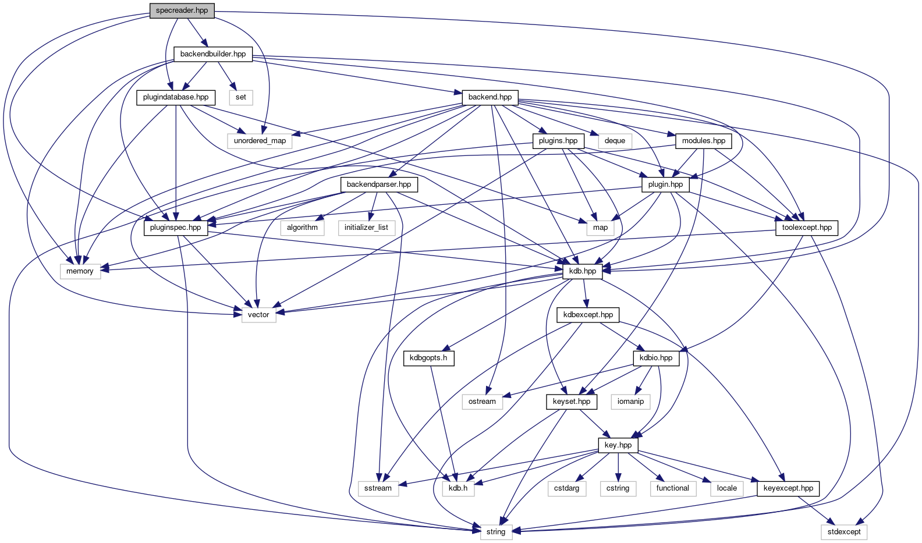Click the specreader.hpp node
[182, 10]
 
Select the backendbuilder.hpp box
[213, 54]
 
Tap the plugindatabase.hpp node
[176, 97]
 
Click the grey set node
[241, 97]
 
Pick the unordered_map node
[260, 141]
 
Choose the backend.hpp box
[490, 97]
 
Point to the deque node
[615, 141]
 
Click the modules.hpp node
[704, 141]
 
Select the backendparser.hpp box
[379, 184]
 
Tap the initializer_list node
[366, 228]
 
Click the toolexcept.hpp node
[807, 228]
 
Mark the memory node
[80, 271]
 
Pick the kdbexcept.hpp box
[588, 315]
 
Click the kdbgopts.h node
[428, 358]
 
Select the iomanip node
[630, 402]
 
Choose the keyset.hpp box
[572, 402]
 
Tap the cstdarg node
[566, 488]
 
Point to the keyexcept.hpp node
[788, 488]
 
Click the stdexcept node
[844, 532]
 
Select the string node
[496, 532]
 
